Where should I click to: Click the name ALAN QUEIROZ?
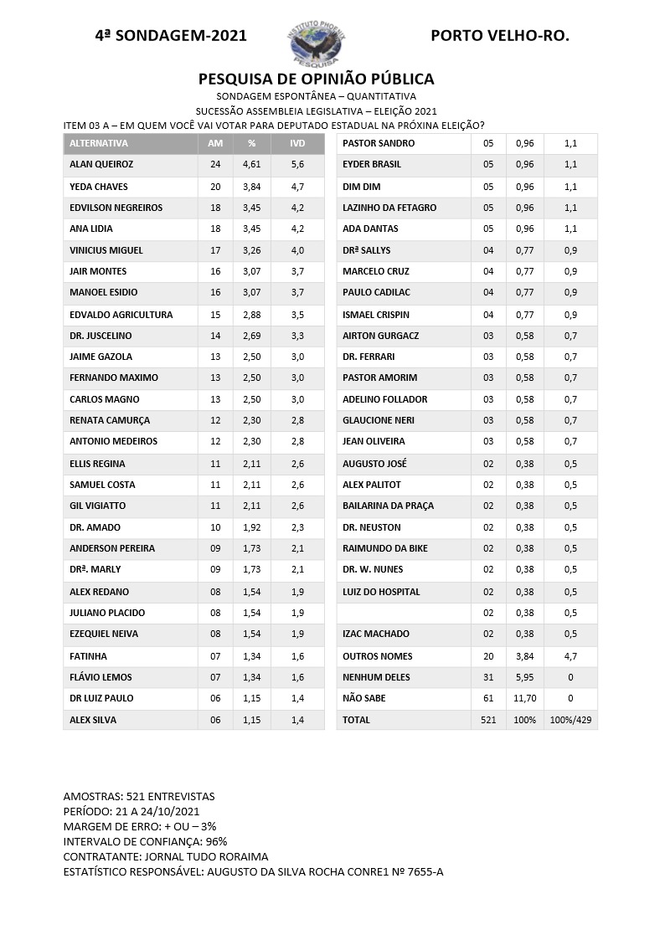101,165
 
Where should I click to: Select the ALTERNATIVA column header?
99,143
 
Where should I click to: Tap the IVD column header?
297,143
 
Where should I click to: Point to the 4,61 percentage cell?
251,165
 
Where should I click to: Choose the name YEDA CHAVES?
99,187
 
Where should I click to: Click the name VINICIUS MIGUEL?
106,250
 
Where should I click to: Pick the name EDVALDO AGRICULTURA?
121,315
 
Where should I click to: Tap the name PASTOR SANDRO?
379,143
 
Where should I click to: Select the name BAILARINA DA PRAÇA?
388,506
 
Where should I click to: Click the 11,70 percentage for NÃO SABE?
524,698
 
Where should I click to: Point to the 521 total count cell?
488,720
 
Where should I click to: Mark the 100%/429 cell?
570,720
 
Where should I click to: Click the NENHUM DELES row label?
376,677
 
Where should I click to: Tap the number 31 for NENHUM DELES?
488,677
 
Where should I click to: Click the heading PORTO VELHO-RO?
499,36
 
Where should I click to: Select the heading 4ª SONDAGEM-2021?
171,36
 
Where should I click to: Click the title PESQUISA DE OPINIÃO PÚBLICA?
316,79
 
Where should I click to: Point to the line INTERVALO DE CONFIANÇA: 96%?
145,841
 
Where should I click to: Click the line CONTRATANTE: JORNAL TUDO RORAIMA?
166,856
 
